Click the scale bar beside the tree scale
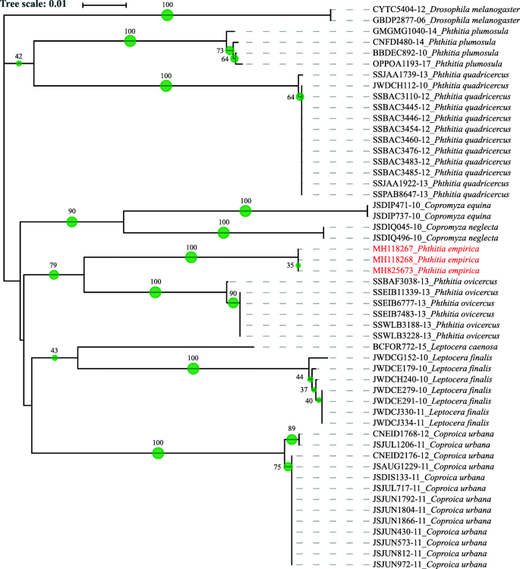click(104, 6)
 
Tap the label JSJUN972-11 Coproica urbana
click(429, 564)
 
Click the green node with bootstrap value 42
click(19, 63)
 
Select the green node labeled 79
click(54, 275)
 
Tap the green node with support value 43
click(55, 357)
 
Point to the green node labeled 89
click(292, 440)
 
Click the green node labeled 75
click(288, 467)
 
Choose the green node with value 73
click(229, 50)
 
